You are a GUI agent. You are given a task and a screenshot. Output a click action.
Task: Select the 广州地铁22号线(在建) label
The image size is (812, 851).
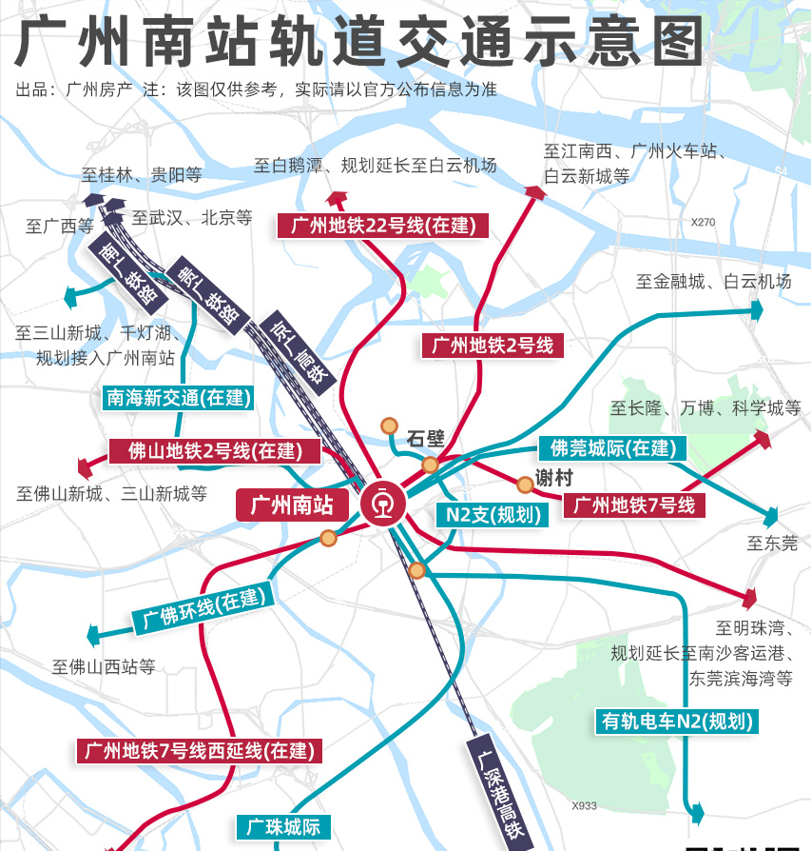click(383, 226)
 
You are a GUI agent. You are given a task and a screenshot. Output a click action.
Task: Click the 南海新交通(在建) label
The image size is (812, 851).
click(177, 398)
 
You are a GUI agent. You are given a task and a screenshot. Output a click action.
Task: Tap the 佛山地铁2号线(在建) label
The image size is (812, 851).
click(215, 451)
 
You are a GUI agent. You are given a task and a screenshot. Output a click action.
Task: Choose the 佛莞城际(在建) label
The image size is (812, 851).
click(613, 447)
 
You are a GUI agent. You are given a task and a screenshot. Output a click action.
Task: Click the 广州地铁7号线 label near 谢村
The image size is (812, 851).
click(634, 505)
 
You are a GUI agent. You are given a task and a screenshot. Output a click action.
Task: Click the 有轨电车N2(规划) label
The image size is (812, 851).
click(678, 721)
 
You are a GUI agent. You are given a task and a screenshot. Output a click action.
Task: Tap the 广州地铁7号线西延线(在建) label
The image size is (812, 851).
click(199, 750)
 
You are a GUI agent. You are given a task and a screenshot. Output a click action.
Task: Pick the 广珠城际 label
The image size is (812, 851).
click(283, 826)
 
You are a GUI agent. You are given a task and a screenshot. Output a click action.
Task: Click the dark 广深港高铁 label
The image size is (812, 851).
click(500, 792)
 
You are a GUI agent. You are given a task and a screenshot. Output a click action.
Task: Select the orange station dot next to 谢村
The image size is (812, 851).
click(524, 485)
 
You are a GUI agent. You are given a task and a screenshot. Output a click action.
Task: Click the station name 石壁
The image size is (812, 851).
click(425, 439)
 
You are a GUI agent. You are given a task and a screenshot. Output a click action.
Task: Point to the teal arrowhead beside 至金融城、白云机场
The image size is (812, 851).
click(757, 309)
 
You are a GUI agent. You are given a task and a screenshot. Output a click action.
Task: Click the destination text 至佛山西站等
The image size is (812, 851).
click(103, 666)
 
